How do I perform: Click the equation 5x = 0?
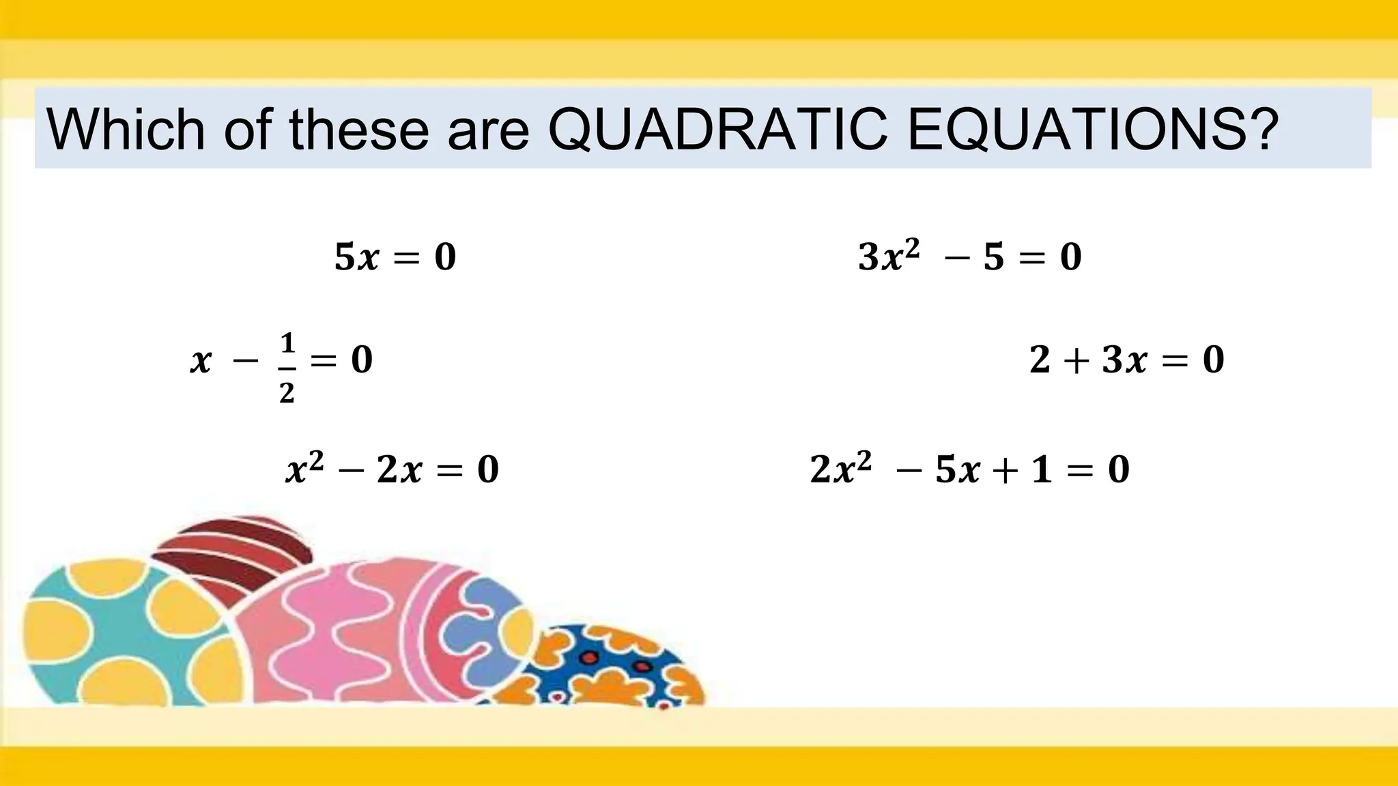(395, 257)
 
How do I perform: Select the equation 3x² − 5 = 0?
(969, 257)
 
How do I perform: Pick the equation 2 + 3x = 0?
(1126, 360)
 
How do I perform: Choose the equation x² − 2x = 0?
(392, 469)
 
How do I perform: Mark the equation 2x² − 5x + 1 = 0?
(969, 469)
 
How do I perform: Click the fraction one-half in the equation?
(287, 368)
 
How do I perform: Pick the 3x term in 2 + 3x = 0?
(1124, 360)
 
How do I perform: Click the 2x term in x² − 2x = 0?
(399, 470)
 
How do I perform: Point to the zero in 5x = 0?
(445, 257)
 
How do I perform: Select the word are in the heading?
(488, 130)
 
